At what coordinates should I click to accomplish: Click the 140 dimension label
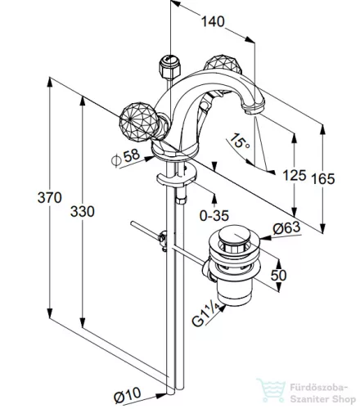(x=213, y=21)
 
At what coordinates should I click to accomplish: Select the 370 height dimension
(x=50, y=197)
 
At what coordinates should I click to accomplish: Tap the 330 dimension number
(x=83, y=212)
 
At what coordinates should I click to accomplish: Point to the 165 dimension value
(x=323, y=179)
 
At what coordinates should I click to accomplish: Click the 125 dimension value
(x=295, y=175)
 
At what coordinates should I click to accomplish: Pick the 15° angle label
(x=239, y=141)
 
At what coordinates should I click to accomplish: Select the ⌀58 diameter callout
(x=126, y=158)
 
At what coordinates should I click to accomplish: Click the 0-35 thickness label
(x=214, y=216)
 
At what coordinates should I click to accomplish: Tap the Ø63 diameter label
(x=286, y=228)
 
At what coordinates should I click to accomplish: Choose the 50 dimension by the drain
(x=278, y=275)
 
